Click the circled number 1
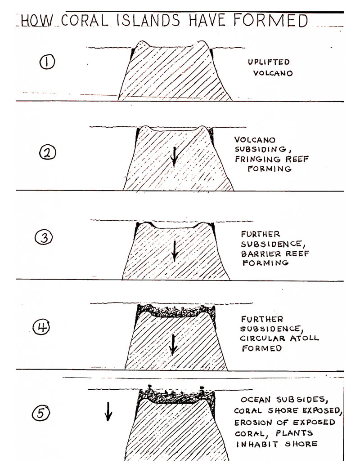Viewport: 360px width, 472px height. [47, 62]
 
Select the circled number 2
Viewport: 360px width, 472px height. [48, 153]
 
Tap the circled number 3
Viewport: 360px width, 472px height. [44, 237]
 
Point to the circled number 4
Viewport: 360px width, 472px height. [41, 327]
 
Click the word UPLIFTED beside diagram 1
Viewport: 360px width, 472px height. [269, 62]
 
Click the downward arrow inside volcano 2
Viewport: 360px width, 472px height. [174, 157]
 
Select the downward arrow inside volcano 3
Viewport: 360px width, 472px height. [175, 251]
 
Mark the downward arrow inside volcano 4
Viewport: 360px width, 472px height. [173, 345]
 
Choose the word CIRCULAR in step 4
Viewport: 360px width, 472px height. [262, 338]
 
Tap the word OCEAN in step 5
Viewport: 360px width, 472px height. [256, 400]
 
